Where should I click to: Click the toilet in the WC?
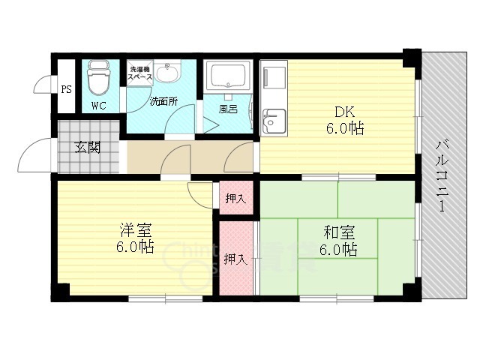pos(97,77)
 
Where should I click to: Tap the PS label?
pos(67,89)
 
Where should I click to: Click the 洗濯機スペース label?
pos(140,73)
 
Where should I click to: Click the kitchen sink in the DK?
pos(274,121)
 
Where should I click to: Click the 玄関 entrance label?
pos(88,148)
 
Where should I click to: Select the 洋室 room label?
pos(135,231)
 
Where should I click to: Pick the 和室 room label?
pos(339,232)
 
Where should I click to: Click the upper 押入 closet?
pos(236,198)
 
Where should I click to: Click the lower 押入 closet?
pos(236,258)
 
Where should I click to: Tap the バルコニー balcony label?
pos(442,175)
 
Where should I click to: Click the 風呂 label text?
pos(228,109)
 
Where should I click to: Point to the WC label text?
pos(99,106)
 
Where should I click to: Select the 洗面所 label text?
pos(163,101)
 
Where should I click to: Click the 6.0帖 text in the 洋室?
pos(135,247)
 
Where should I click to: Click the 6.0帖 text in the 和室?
pos(338,250)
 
